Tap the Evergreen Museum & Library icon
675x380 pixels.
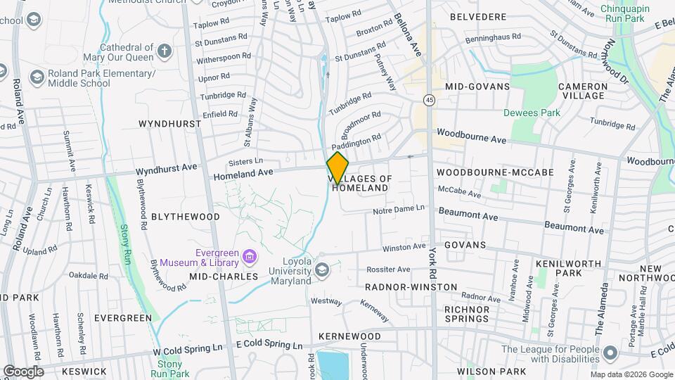point(250,257)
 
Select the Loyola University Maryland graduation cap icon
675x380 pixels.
point(322,270)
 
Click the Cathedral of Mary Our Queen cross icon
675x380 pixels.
point(164,51)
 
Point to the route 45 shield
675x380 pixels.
point(429,101)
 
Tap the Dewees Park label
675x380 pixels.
point(532,113)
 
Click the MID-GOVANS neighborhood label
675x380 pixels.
point(477,86)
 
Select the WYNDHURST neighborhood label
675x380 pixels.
point(169,123)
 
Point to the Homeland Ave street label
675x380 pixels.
point(243,172)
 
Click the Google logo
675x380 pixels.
point(23,371)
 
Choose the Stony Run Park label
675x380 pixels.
point(169,369)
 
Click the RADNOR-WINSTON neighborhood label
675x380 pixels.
point(411,287)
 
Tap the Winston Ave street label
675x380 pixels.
point(404,248)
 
